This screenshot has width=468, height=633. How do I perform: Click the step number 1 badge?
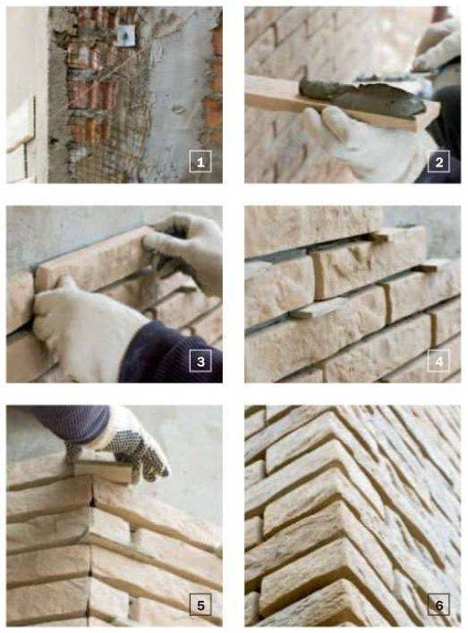click(200, 162)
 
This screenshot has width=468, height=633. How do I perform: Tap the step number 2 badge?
click(438, 162)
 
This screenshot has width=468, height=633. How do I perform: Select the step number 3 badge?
click(200, 361)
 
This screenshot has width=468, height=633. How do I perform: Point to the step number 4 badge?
click(438, 361)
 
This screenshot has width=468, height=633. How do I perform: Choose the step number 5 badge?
click(200, 604)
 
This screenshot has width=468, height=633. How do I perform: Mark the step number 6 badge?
click(438, 604)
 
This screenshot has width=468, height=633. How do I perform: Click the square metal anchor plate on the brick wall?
click(125, 35)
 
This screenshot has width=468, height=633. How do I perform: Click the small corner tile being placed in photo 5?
click(103, 471)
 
